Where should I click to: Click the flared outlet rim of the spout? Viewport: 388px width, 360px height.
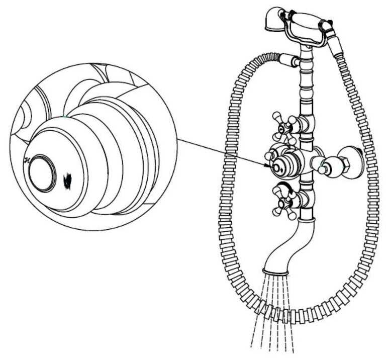coord(275,272)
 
